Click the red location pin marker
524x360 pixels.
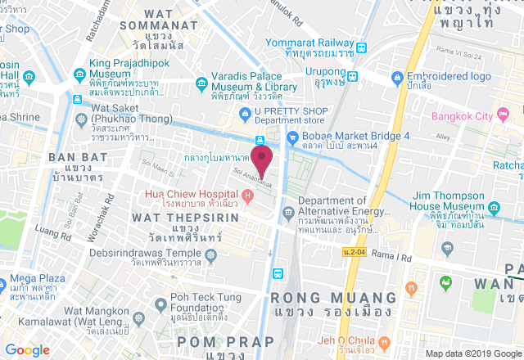pos(261,156)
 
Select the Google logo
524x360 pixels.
pos(27,349)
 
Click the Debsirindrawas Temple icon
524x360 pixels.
pos(212,255)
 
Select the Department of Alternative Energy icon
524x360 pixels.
pos(287,213)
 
